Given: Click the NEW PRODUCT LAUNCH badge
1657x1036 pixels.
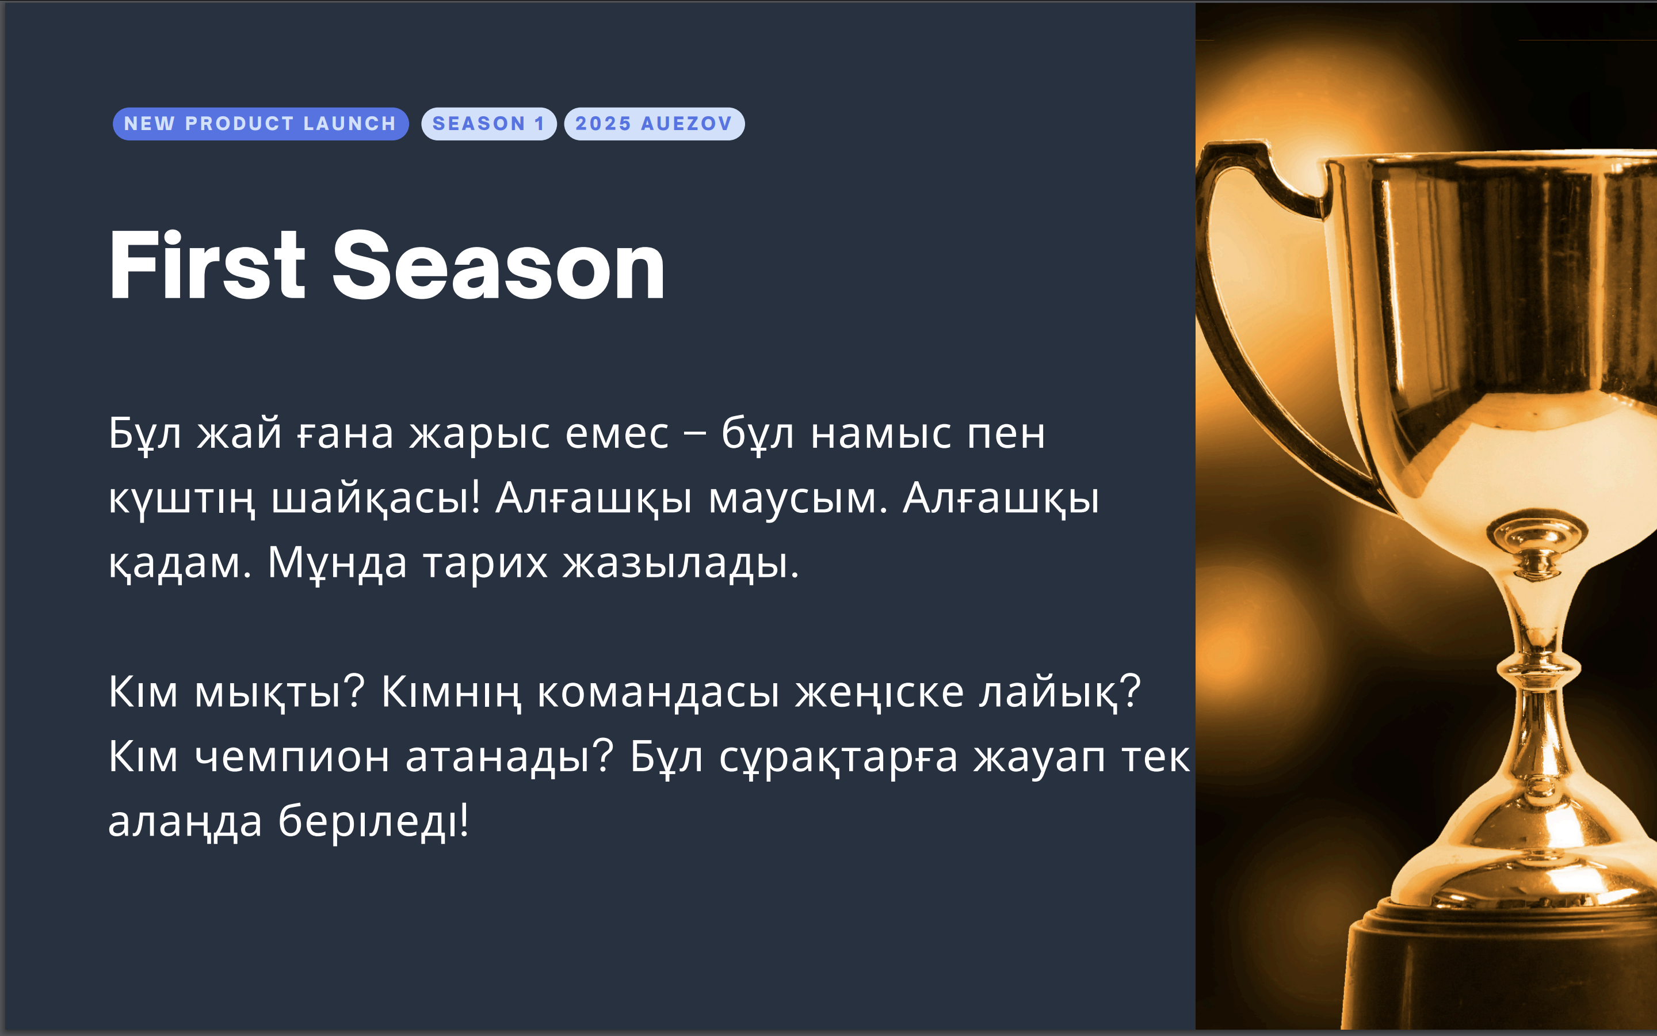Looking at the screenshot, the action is click(x=261, y=124).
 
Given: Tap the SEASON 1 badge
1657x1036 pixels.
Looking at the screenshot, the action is click(x=489, y=124).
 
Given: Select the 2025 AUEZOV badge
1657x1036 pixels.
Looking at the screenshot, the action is click(x=654, y=124).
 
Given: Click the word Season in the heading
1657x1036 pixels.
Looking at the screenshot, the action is click(x=498, y=266).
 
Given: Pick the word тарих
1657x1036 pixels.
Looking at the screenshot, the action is click(x=486, y=564).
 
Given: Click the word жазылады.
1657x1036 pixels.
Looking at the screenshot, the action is click(x=681, y=564).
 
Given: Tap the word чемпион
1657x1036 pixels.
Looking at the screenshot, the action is click(x=292, y=756).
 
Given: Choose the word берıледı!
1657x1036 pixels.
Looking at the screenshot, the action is click(x=373, y=820).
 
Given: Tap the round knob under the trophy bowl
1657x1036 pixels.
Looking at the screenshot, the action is click(x=1537, y=541).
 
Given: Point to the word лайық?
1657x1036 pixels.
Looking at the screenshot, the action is click(x=1060, y=692).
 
